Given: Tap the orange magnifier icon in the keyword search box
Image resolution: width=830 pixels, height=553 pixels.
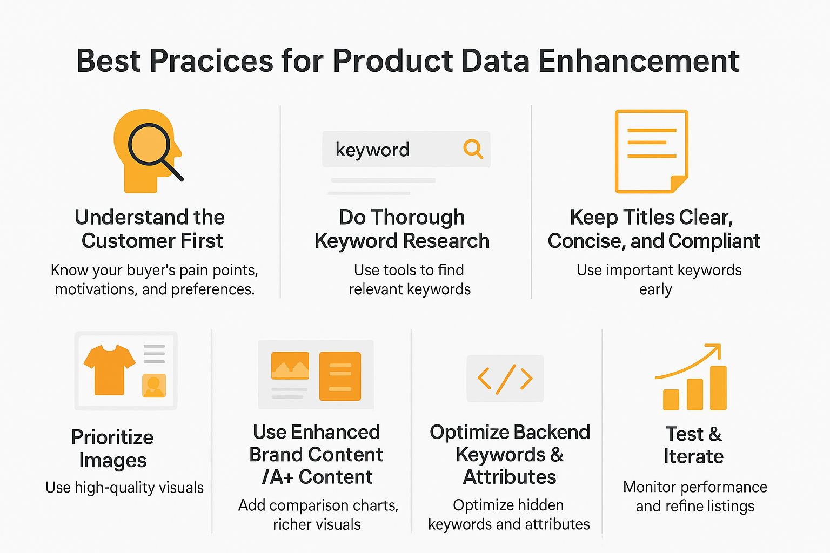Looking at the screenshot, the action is (473, 149).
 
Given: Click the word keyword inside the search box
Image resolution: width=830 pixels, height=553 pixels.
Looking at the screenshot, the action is (372, 150).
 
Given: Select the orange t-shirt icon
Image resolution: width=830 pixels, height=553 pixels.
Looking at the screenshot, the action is (109, 369).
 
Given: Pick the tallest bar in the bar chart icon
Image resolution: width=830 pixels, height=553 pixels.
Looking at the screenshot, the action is (718, 388).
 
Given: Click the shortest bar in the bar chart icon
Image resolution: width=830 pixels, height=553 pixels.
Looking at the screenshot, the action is (671, 400).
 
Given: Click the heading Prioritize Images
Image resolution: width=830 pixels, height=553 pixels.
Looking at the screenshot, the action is (112, 449).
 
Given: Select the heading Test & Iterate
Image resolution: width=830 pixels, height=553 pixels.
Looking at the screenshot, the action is (693, 445).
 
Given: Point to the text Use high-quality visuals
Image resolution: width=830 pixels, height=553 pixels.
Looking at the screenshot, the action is (124, 488).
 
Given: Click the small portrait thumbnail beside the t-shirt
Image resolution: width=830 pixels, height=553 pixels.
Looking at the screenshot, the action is (154, 386).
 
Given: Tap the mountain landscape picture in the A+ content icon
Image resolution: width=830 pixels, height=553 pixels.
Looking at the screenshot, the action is (290, 366).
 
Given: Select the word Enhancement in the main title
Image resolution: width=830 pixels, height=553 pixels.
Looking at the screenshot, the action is (638, 60).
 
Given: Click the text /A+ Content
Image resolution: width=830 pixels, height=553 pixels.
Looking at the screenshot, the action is (317, 477).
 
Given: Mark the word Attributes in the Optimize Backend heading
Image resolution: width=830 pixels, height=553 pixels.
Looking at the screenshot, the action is (510, 477).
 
